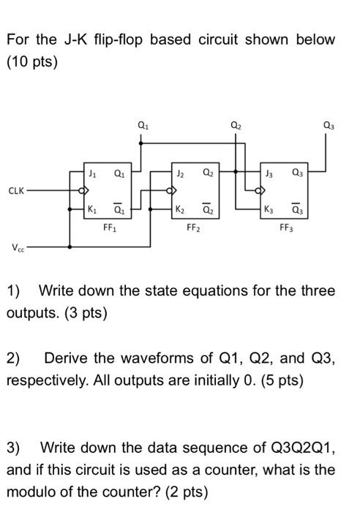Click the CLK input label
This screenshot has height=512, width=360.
(x=16, y=190)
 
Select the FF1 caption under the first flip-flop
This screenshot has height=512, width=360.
(x=110, y=227)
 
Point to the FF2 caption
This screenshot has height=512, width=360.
(x=193, y=227)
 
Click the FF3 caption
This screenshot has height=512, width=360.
(x=287, y=227)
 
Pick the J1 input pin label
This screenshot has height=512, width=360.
(x=93, y=173)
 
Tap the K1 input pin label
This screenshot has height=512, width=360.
(x=93, y=209)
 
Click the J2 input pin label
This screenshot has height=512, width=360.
(x=180, y=173)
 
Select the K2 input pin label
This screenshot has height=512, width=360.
(x=180, y=209)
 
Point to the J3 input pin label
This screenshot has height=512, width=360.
(x=269, y=173)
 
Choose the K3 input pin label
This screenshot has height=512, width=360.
(x=269, y=209)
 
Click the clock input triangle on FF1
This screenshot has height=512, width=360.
(x=86, y=190)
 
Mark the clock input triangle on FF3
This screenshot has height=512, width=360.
(x=263, y=190)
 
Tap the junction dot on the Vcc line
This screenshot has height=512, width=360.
(x=70, y=247)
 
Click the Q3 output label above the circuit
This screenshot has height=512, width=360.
(x=329, y=125)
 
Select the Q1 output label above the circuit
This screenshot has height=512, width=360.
(x=143, y=125)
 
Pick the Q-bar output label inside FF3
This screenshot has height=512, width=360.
(x=297, y=209)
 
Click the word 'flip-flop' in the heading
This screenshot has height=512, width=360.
(x=119, y=39)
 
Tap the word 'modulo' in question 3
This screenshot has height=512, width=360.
(x=28, y=492)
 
